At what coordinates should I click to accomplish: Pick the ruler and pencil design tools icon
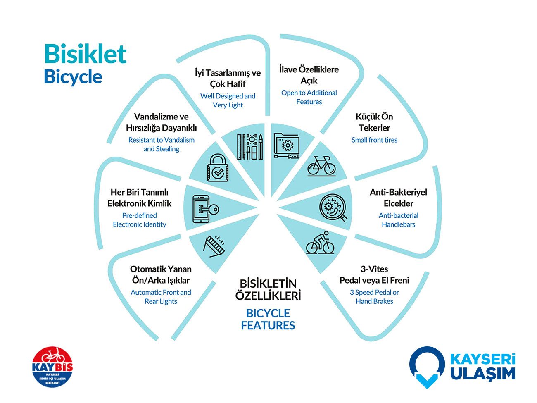(x=249, y=146)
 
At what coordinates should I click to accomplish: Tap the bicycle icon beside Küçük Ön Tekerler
(x=321, y=166)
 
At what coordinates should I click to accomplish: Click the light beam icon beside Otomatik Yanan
(x=214, y=246)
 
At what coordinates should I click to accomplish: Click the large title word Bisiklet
(x=85, y=54)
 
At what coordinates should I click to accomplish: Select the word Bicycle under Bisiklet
(x=73, y=77)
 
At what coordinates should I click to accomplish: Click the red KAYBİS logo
(x=52, y=367)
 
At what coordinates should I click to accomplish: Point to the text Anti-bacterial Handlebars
(x=398, y=220)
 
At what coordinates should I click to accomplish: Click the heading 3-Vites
(x=374, y=269)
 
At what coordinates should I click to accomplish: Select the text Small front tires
(x=374, y=140)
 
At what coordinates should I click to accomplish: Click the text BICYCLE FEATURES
(x=268, y=319)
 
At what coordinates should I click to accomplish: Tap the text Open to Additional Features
(x=309, y=97)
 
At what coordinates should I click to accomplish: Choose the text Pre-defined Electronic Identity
(x=140, y=220)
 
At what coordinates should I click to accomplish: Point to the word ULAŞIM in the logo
(x=482, y=373)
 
